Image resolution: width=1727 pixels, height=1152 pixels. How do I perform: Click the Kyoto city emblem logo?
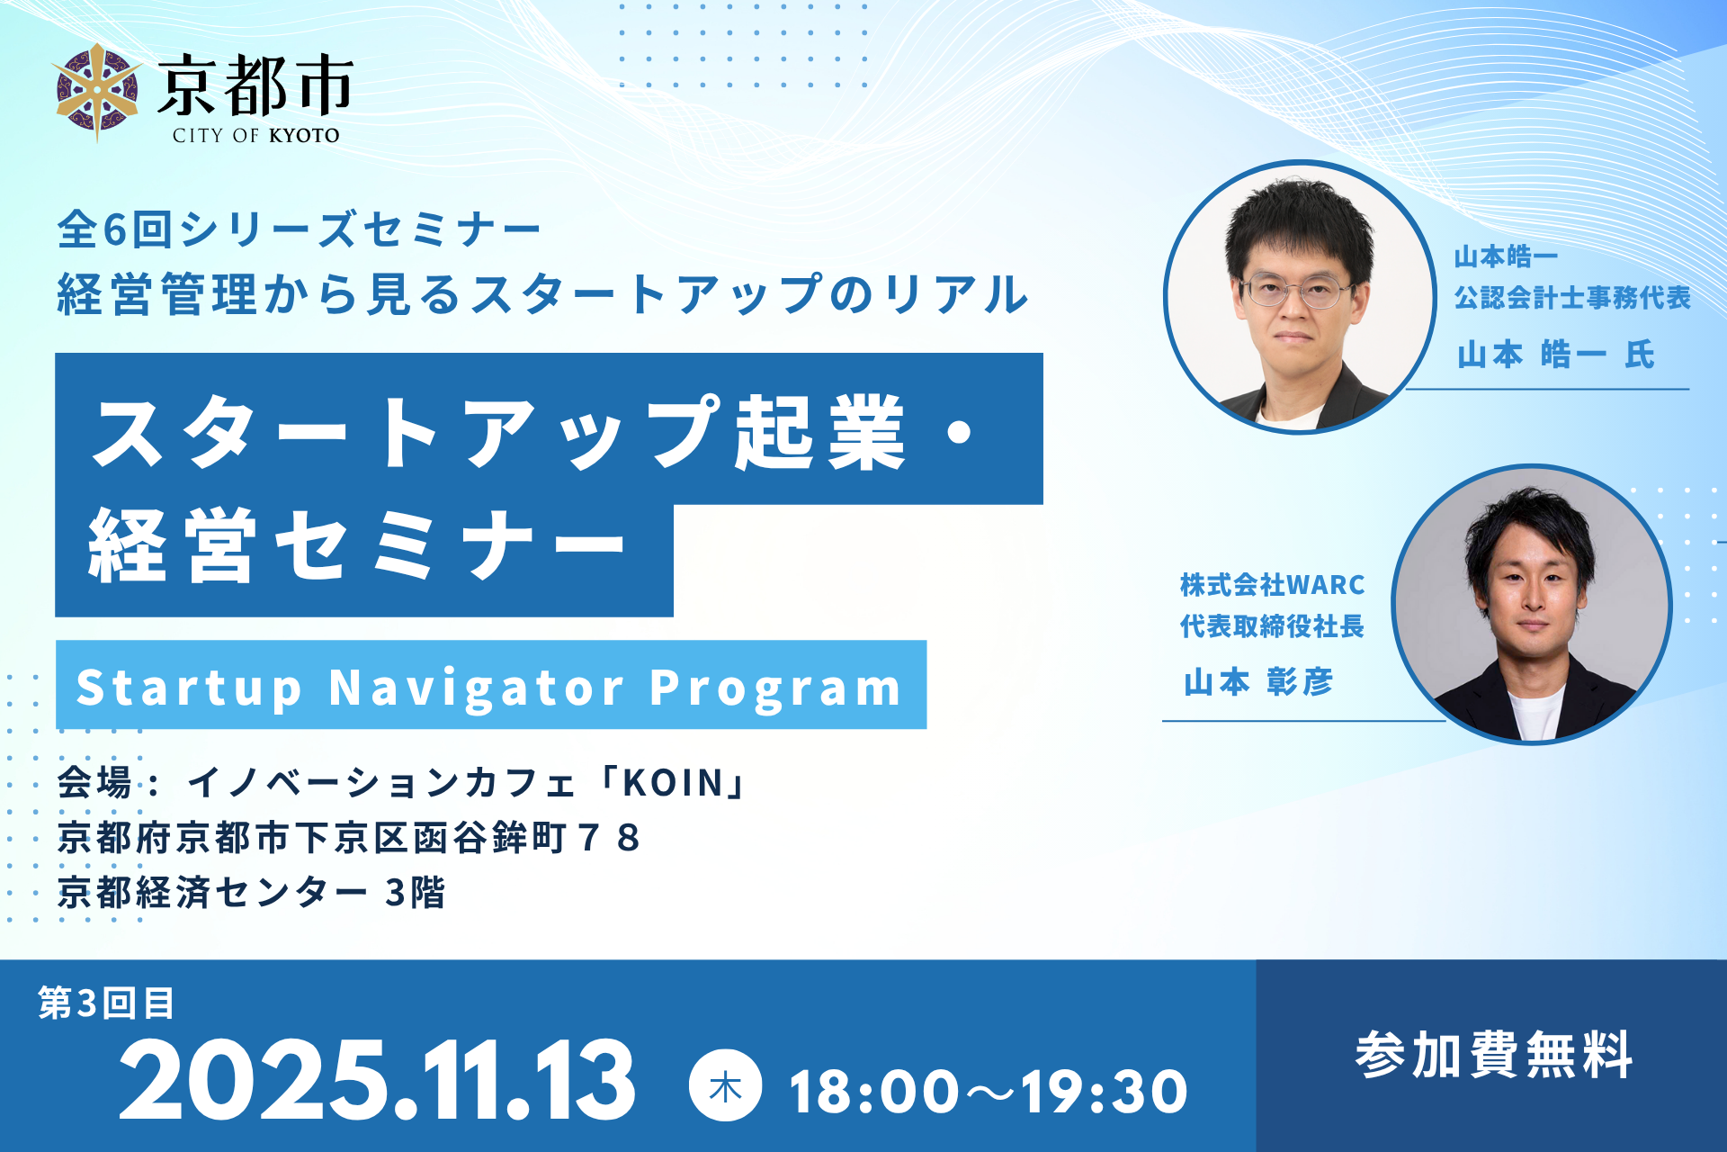(x=97, y=93)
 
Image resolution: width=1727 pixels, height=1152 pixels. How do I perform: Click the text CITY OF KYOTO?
(x=256, y=136)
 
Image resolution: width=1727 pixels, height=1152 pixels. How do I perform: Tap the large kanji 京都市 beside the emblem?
(x=255, y=85)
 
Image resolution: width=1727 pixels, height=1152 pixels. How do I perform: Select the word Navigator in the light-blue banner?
(x=476, y=688)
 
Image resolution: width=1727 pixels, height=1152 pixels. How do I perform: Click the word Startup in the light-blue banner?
(x=189, y=689)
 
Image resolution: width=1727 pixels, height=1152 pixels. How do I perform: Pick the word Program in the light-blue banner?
(x=775, y=689)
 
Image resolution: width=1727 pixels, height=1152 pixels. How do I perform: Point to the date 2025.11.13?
(x=377, y=1079)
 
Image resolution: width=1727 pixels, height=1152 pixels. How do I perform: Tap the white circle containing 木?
(x=725, y=1085)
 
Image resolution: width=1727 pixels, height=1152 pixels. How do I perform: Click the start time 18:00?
(x=873, y=1092)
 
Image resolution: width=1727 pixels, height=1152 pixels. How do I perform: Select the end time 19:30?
(x=1104, y=1092)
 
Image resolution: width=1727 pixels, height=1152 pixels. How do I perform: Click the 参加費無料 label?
(x=1493, y=1055)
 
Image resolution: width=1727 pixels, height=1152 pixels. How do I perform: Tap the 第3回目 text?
(x=106, y=1003)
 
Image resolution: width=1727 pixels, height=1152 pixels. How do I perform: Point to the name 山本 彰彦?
(x=1258, y=682)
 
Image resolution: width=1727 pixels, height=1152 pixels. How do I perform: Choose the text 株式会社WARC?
(x=1273, y=585)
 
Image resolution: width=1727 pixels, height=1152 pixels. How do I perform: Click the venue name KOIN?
(x=673, y=783)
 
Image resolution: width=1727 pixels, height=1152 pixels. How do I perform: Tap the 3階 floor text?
(x=416, y=893)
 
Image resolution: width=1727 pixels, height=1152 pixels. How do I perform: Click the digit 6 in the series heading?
(x=114, y=229)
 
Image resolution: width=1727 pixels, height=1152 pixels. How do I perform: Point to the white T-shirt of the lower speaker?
(x=1536, y=715)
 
